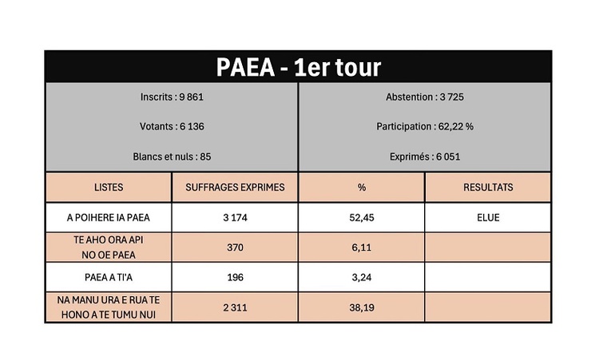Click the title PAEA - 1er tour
tap(298, 67)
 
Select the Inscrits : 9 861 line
tap(172, 97)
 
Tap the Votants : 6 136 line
tap(172, 126)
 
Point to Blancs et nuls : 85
tap(172, 156)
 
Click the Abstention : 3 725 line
tap(424, 97)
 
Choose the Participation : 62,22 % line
tap(424, 126)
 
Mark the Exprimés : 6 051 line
tap(424, 156)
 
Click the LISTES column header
tap(109, 188)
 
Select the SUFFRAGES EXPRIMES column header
tap(235, 188)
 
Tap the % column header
tap(361, 188)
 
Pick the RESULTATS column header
tap(488, 188)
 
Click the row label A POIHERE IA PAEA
tap(109, 217)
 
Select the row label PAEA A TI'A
tap(109, 277)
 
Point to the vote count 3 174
tap(235, 217)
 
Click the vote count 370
tap(235, 247)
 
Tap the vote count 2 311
tap(235, 307)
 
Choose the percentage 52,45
tap(361, 217)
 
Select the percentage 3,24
tap(361, 277)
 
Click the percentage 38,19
tap(361, 307)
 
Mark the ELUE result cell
tap(488, 217)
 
